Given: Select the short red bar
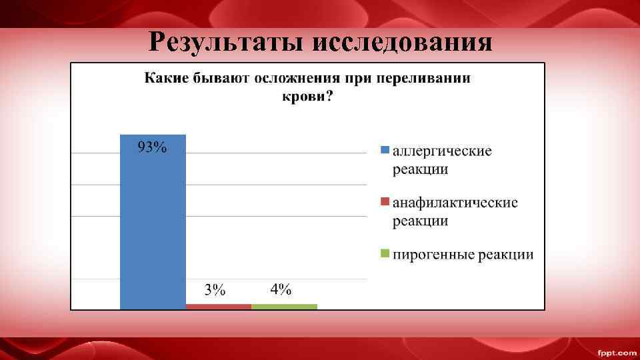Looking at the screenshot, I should pos(219,306).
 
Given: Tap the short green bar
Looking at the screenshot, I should pos(285,306).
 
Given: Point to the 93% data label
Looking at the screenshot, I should pos(152,147).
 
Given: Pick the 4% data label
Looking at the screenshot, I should pos(281,289).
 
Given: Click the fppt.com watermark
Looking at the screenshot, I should pos(616,351).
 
